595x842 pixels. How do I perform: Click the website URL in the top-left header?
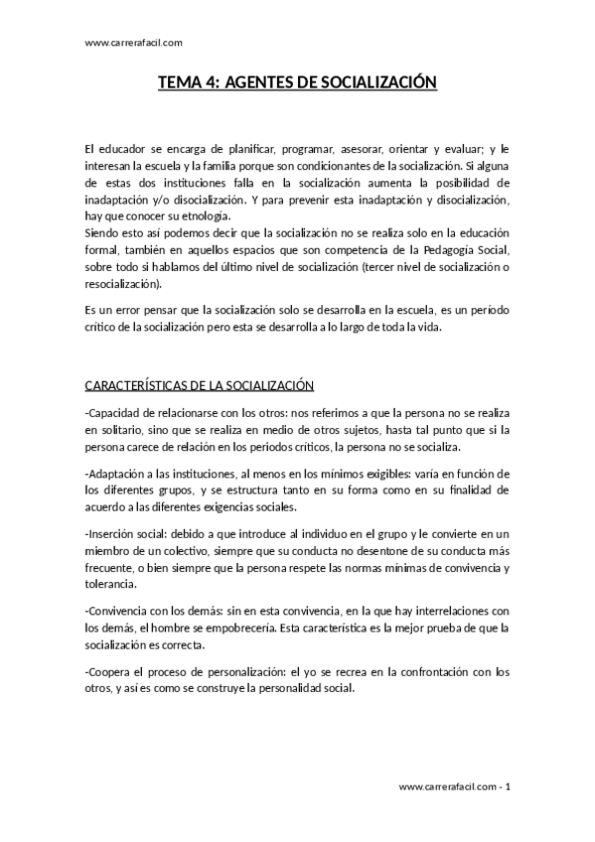[x=134, y=43]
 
